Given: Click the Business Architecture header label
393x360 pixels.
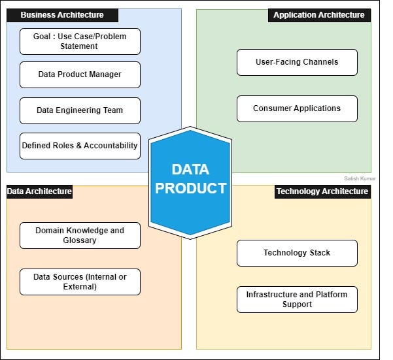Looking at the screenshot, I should pyautogui.click(x=62, y=15).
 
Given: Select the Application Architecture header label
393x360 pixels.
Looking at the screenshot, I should pyautogui.click(x=319, y=15).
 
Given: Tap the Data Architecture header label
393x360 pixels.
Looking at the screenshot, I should pyautogui.click(x=39, y=191).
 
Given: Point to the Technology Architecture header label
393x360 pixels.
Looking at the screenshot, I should pyautogui.click(x=322, y=191).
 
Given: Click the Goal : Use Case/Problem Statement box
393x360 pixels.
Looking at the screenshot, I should pyautogui.click(x=80, y=41).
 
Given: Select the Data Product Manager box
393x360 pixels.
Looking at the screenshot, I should pyautogui.click(x=80, y=74).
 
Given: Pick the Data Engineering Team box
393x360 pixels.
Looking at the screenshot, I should pyautogui.click(x=80, y=110).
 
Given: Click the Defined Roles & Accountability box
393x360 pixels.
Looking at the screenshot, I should pyautogui.click(x=80, y=146).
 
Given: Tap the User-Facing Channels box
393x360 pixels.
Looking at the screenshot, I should pyautogui.click(x=297, y=62).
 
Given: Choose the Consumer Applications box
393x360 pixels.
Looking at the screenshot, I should pyautogui.click(x=297, y=108).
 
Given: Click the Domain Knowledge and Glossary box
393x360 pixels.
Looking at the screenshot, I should pyautogui.click(x=80, y=235).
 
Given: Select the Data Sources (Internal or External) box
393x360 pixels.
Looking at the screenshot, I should pyautogui.click(x=80, y=282).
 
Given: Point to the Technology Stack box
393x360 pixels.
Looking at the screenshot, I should pyautogui.click(x=297, y=253).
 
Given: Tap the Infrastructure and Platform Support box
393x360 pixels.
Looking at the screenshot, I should pyautogui.click(x=297, y=299).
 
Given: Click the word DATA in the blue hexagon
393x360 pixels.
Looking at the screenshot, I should pyautogui.click(x=190, y=169).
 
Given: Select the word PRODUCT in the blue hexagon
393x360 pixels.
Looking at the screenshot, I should pyautogui.click(x=190, y=189).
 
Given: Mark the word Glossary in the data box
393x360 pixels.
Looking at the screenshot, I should pyautogui.click(x=80, y=240).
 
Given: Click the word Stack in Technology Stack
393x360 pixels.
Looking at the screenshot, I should pyautogui.click(x=319, y=253).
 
